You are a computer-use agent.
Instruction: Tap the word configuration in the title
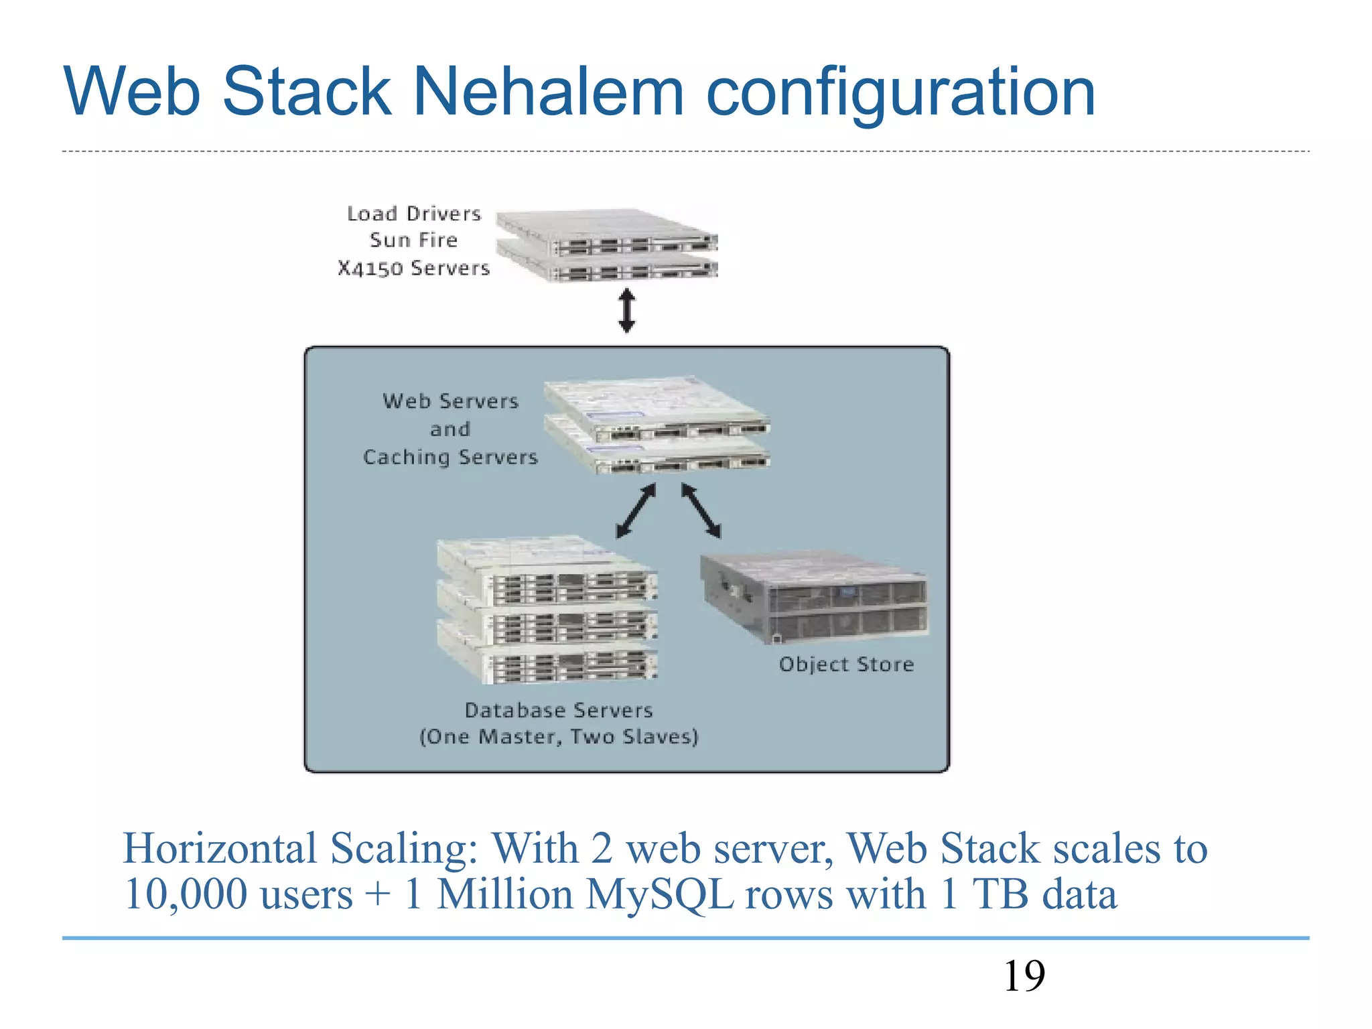(900, 94)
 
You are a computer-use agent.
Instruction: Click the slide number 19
(1024, 976)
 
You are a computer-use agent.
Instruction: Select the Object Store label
(846, 664)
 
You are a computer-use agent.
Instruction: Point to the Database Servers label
(559, 710)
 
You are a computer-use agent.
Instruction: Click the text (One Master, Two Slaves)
(559, 737)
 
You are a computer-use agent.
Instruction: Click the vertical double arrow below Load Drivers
(626, 310)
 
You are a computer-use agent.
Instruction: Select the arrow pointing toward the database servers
(635, 510)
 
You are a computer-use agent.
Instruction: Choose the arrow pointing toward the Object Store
(701, 510)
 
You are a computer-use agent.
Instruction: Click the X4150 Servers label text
(413, 268)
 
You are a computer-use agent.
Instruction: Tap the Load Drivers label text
(413, 214)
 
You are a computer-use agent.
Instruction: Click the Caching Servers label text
(450, 457)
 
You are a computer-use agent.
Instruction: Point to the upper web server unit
(657, 409)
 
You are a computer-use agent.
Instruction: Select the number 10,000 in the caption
(181, 894)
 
